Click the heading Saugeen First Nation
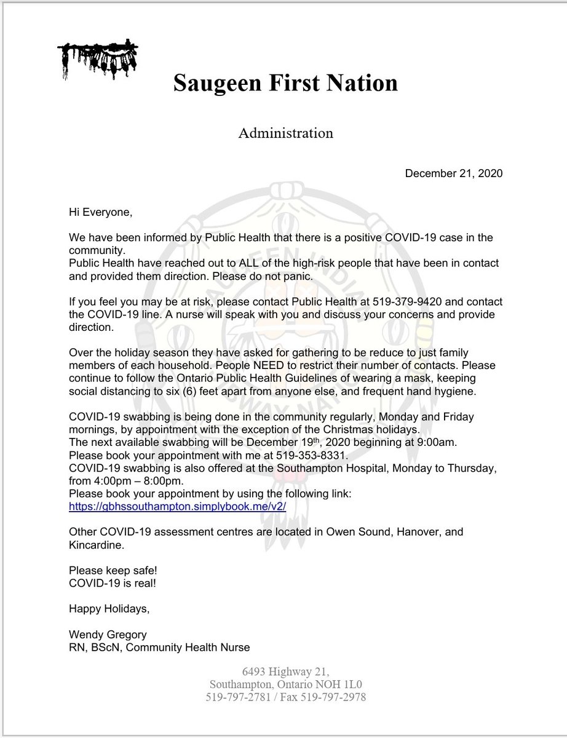[x=285, y=82]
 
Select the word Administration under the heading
[x=285, y=133]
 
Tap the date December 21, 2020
[x=453, y=174]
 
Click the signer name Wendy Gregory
[x=106, y=635]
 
